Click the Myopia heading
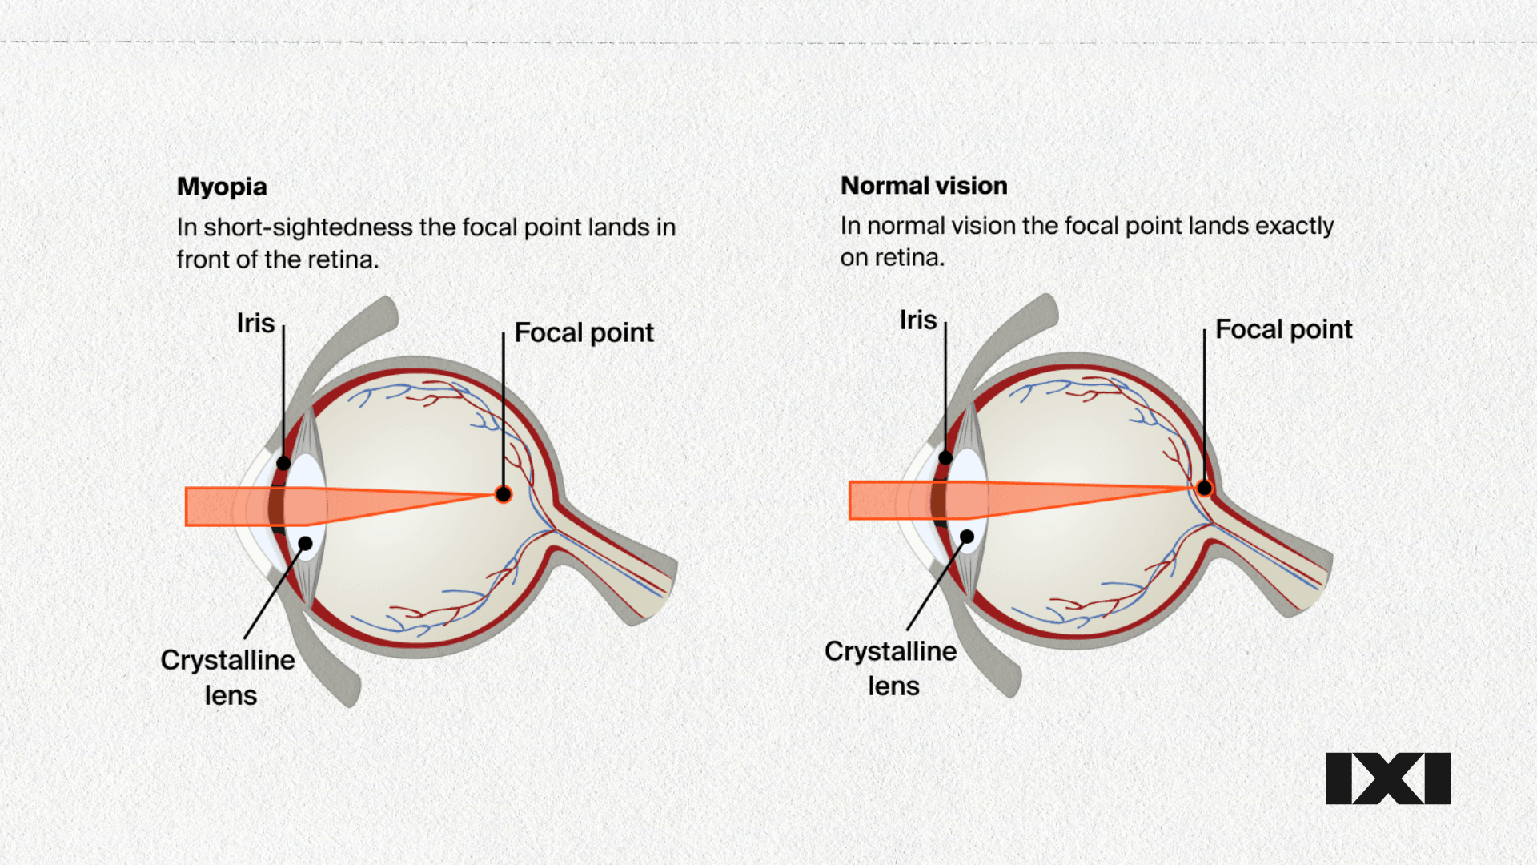(x=222, y=187)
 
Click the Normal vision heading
(x=924, y=186)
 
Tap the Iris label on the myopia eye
(x=255, y=323)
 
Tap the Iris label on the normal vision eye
(x=917, y=320)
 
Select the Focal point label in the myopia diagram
(x=584, y=332)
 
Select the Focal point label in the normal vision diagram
(x=1283, y=329)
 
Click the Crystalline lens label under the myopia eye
(x=228, y=677)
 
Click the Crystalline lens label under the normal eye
(x=891, y=668)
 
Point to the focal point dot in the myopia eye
(x=504, y=494)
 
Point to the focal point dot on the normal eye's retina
(x=1204, y=488)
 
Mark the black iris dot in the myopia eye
(x=283, y=463)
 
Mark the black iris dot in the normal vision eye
(x=945, y=458)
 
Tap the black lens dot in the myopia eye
(x=305, y=544)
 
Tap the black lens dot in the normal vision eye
(x=967, y=537)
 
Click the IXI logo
(x=1387, y=778)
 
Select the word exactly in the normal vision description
(x=1294, y=226)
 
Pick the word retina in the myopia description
(x=344, y=259)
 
